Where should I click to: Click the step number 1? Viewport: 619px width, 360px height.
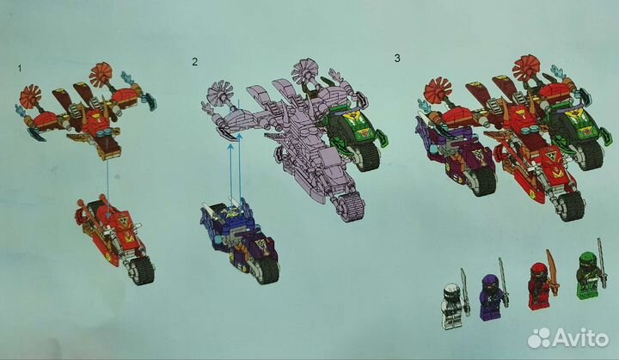pos(19,69)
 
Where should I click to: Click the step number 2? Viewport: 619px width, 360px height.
pos(194,62)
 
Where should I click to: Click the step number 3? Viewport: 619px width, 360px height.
pos(397,58)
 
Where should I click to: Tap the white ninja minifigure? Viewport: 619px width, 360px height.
pos(451,305)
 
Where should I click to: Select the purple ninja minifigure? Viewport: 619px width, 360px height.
pos(490,296)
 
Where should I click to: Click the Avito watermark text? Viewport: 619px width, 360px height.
pos(580,339)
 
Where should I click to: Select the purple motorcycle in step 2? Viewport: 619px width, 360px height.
pos(240,240)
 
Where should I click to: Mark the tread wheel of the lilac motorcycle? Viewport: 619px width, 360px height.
pos(351,207)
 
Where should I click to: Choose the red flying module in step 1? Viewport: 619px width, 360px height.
pos(85,111)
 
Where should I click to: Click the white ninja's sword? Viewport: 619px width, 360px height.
pos(465,292)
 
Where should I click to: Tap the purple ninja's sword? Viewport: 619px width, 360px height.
pos(503,282)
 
